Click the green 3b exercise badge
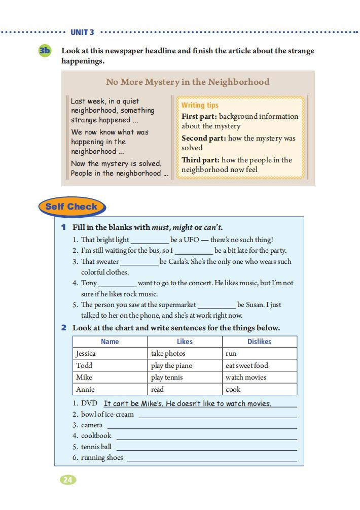tap(45, 51)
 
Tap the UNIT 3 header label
tap(82, 32)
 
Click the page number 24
tap(68, 480)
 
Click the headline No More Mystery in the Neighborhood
tap(188, 82)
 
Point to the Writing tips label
tap(200, 105)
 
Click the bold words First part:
tap(200, 116)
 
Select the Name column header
tap(110, 342)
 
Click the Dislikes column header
tap(259, 342)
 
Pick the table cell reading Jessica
tap(86, 353)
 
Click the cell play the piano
tap(171, 365)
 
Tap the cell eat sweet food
tap(246, 365)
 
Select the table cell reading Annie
tap(85, 389)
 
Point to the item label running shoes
tap(101, 457)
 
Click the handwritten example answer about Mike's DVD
tap(188, 403)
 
